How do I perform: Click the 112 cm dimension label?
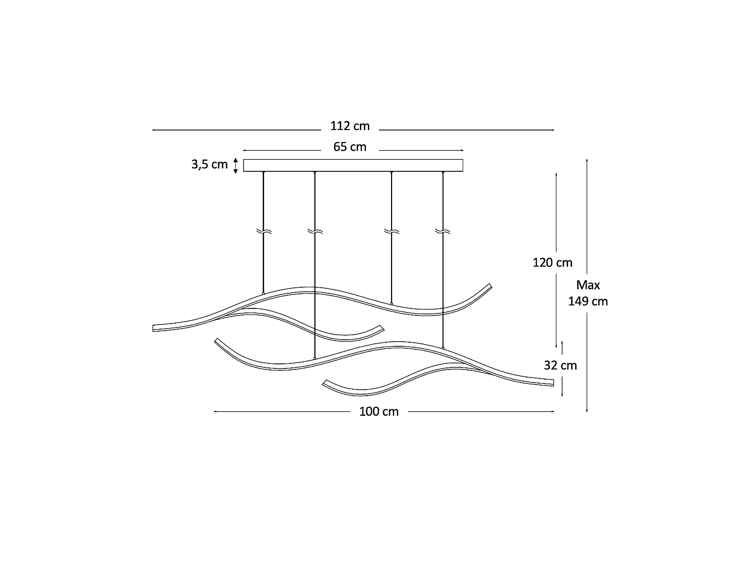[350, 126]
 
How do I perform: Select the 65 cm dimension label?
[350, 147]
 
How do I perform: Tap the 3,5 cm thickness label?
[209, 165]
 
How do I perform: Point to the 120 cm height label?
[552, 263]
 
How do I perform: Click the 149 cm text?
[588, 301]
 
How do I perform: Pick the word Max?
[588, 285]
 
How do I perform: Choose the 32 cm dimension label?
[560, 365]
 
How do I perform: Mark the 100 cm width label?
[379, 412]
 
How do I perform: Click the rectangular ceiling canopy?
[353, 165]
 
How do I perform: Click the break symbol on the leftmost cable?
[264, 231]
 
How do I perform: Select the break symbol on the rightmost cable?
[443, 231]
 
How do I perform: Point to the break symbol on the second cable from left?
[314, 231]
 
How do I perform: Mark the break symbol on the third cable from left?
[392, 231]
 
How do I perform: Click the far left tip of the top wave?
[154, 328]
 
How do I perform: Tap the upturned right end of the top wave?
[488, 286]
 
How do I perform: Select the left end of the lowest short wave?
[326, 383]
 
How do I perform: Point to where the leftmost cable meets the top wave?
[264, 293]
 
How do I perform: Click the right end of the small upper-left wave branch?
[381, 327]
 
